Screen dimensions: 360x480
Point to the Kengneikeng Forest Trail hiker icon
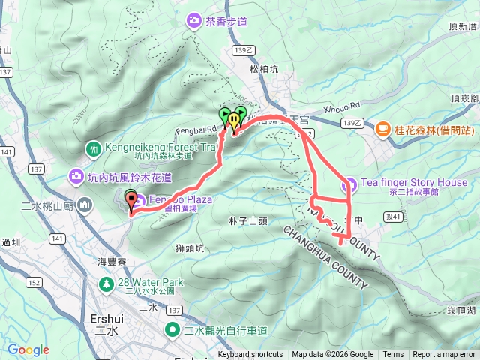(x=94, y=148)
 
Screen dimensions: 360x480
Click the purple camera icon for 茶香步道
(x=195, y=21)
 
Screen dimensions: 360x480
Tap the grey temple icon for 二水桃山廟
(x=85, y=204)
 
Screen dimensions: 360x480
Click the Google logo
(x=28, y=349)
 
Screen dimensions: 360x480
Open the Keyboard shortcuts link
(x=250, y=355)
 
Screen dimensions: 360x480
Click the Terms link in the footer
(x=393, y=355)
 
